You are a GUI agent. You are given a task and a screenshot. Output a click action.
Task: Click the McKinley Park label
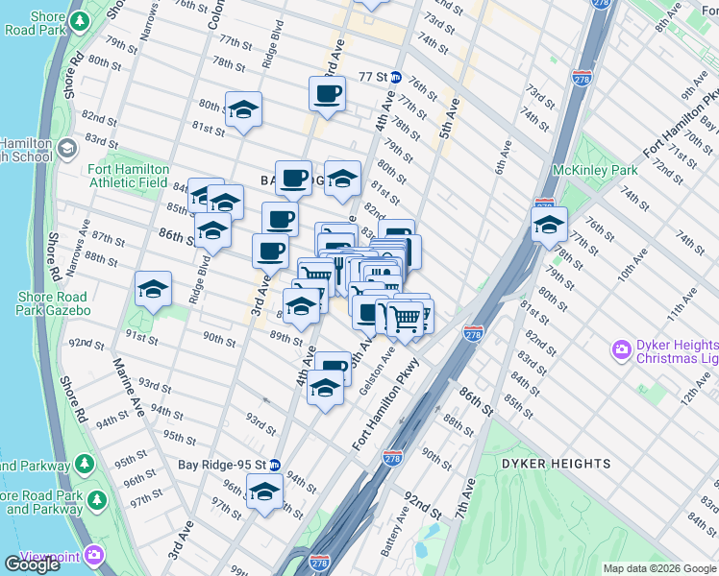pos(596,170)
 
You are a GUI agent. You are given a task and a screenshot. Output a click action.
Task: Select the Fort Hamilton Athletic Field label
pos(128,177)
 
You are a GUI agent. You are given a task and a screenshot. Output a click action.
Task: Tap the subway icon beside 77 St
pos(395,77)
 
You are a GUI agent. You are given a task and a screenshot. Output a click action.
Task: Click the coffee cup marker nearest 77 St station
pos(327,94)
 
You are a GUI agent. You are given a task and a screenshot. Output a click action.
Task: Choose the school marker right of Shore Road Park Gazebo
pos(153,288)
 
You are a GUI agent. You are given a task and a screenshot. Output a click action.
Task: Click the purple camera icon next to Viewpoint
pos(94,555)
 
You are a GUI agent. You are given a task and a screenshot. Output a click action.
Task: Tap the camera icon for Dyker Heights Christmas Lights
pos(622,348)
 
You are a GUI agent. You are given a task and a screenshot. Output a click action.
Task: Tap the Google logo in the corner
pos(32,564)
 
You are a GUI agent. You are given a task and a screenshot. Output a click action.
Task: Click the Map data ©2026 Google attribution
pos(659,568)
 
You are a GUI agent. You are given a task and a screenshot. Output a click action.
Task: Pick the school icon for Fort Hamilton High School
pos(67,148)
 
